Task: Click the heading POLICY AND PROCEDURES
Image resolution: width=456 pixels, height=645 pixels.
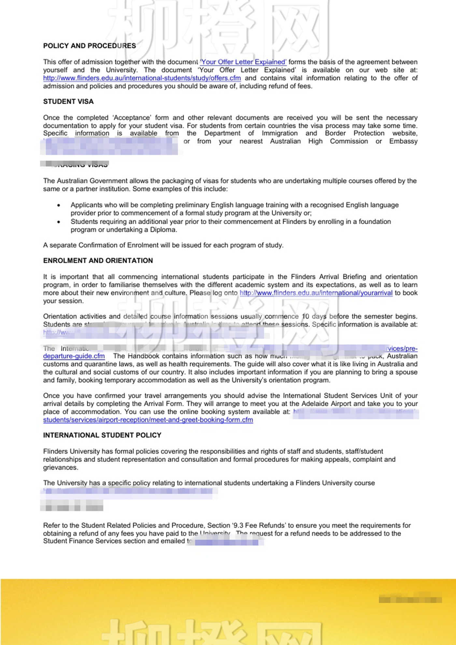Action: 90,46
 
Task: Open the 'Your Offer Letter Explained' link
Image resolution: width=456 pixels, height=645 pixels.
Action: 243,62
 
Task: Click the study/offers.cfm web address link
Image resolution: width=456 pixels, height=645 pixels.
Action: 142,78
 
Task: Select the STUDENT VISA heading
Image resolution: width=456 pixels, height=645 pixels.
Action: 68,102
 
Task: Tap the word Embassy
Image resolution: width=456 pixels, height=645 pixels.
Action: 403,141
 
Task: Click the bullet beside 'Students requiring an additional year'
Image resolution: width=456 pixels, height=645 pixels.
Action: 59,222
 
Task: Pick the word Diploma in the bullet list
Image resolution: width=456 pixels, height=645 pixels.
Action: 163,230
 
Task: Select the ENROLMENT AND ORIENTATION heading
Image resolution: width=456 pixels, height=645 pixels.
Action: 98,261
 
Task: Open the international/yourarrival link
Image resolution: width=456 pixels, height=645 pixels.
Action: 316,293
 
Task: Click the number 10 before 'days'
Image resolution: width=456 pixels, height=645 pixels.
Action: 306,316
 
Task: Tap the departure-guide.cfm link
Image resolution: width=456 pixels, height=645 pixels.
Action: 74,356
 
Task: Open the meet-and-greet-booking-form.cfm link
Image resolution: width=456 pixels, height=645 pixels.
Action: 148,420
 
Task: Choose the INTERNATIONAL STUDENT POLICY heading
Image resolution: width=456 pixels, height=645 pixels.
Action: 102,435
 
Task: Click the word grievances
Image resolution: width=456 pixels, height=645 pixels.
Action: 61,467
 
